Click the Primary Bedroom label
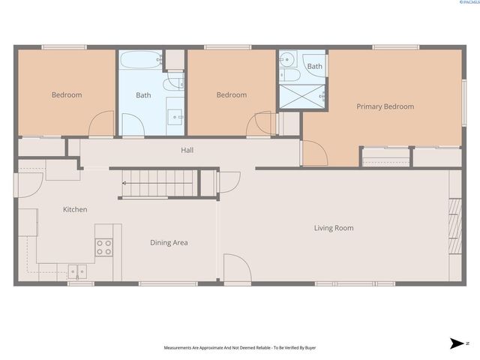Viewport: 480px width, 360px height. (384, 106)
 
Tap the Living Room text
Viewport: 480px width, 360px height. (333, 228)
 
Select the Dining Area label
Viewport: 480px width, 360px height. (169, 242)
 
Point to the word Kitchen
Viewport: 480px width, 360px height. (75, 209)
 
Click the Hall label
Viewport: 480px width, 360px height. (187, 150)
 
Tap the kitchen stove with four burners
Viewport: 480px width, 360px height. (103, 247)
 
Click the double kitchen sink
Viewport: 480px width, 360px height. (77, 271)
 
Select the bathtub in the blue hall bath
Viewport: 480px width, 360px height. (140, 59)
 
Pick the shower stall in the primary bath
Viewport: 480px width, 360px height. (302, 97)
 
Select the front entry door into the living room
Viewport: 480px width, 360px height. (235, 268)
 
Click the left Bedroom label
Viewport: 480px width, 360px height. (66, 95)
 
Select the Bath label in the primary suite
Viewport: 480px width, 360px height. (314, 67)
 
